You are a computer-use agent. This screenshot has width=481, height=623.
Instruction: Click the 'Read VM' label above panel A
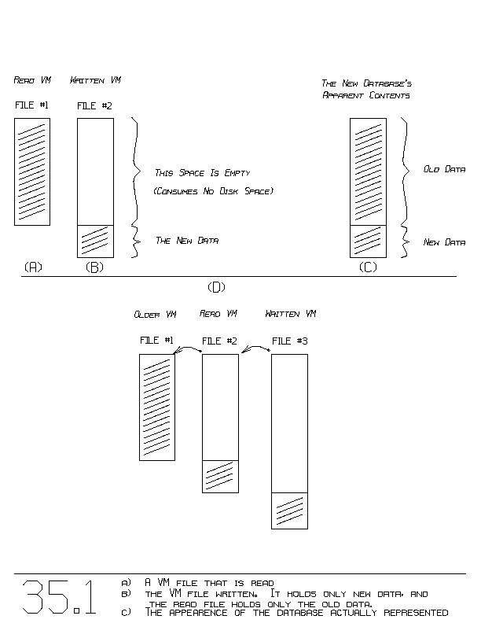32,80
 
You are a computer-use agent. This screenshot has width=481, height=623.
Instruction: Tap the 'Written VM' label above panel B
95,80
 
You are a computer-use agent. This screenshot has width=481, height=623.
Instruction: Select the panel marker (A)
32,267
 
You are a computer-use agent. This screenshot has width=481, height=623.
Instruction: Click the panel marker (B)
94,267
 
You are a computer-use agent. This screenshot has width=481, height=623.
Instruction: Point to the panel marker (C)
368,267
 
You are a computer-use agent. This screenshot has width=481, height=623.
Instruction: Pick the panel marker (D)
215,286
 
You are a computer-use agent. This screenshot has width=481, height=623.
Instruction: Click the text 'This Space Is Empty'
203,172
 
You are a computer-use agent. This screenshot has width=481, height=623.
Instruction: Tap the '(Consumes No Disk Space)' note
214,191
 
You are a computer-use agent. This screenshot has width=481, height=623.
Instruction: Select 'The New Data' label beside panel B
187,240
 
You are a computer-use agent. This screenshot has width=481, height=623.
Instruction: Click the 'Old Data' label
444,169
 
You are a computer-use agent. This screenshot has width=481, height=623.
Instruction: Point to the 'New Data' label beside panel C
444,242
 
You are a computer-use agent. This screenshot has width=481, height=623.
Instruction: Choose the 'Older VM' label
155,315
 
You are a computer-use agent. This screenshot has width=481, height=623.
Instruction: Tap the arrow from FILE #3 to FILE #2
255,346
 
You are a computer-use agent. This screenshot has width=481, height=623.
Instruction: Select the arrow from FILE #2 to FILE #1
189,348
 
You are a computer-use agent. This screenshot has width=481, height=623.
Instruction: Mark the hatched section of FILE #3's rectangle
289,511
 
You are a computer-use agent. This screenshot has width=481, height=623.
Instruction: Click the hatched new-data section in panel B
95,241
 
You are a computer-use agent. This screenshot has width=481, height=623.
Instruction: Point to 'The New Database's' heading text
367,83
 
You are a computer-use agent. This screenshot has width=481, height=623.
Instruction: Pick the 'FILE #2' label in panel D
220,341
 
